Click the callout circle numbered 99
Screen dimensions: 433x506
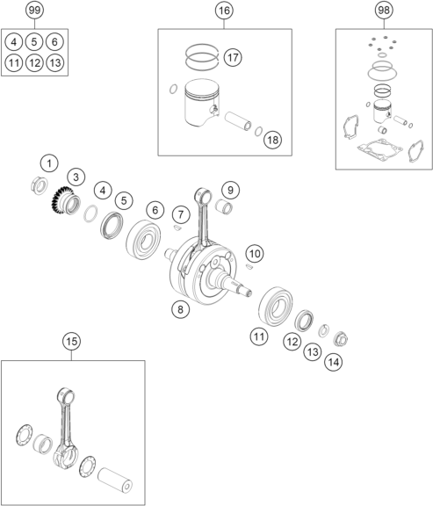tap(34, 10)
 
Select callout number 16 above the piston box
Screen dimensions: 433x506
tap(224, 11)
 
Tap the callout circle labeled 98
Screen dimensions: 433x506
tap(384, 10)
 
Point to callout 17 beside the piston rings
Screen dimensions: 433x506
tap(233, 57)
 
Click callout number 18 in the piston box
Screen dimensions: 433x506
tap(272, 140)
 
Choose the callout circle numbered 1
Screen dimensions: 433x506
tap(49, 163)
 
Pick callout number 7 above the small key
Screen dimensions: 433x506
tap(181, 214)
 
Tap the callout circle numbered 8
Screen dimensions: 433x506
tap(180, 309)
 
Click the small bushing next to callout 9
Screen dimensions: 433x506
tap(224, 206)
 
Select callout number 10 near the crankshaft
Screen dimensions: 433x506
tap(255, 254)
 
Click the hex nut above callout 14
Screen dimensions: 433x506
tap(341, 339)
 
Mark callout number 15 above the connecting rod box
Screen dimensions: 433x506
tap(72, 341)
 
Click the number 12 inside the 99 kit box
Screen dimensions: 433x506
tap(34, 62)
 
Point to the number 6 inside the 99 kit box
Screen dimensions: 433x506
tap(54, 42)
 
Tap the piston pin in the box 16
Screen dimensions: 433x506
tap(238, 121)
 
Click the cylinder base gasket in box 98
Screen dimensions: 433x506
tap(380, 149)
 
